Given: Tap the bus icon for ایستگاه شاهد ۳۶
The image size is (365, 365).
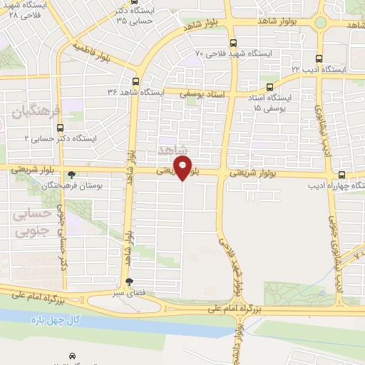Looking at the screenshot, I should pyautogui.click(x=135, y=81).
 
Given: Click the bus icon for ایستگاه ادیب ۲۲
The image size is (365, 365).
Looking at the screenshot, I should pyautogui.click(x=319, y=59).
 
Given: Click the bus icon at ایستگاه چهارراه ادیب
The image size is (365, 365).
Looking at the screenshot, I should pyautogui.click(x=342, y=175).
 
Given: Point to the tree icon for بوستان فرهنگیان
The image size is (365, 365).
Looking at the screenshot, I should pyautogui.click(x=71, y=175).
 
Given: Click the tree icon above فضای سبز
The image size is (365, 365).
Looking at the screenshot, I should pyautogui.click(x=128, y=282).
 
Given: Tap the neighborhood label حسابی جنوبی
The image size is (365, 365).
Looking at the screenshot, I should pyautogui.click(x=34, y=222).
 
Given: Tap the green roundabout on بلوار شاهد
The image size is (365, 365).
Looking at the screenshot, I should pyautogui.click(x=319, y=22).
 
